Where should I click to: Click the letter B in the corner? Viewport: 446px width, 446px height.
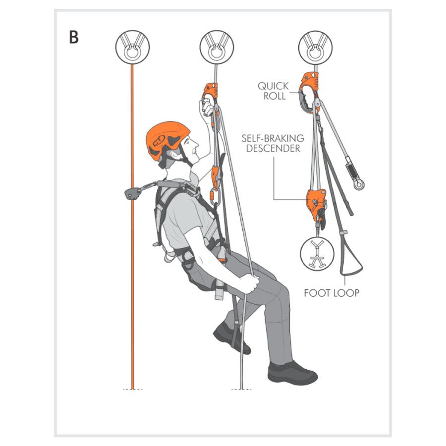coord(74,37)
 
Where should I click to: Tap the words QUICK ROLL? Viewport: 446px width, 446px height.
coord(273,91)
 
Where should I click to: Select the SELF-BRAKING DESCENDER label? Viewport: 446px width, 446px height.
coord(273,143)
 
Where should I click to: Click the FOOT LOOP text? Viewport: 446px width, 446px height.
coord(332,293)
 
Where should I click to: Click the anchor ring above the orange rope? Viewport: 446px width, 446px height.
coord(132,47)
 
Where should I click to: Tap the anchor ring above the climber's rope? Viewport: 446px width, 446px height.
coord(217,47)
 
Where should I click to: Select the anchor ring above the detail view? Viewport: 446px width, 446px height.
coord(316,47)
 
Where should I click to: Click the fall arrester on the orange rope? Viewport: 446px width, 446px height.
coord(132,193)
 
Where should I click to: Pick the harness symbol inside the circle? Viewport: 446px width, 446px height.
coord(317,253)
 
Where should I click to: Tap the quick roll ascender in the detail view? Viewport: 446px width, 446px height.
coord(308,91)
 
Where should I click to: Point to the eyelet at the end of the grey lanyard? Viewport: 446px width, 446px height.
coord(359,185)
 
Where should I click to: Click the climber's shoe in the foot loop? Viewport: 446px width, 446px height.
coord(231,338)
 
